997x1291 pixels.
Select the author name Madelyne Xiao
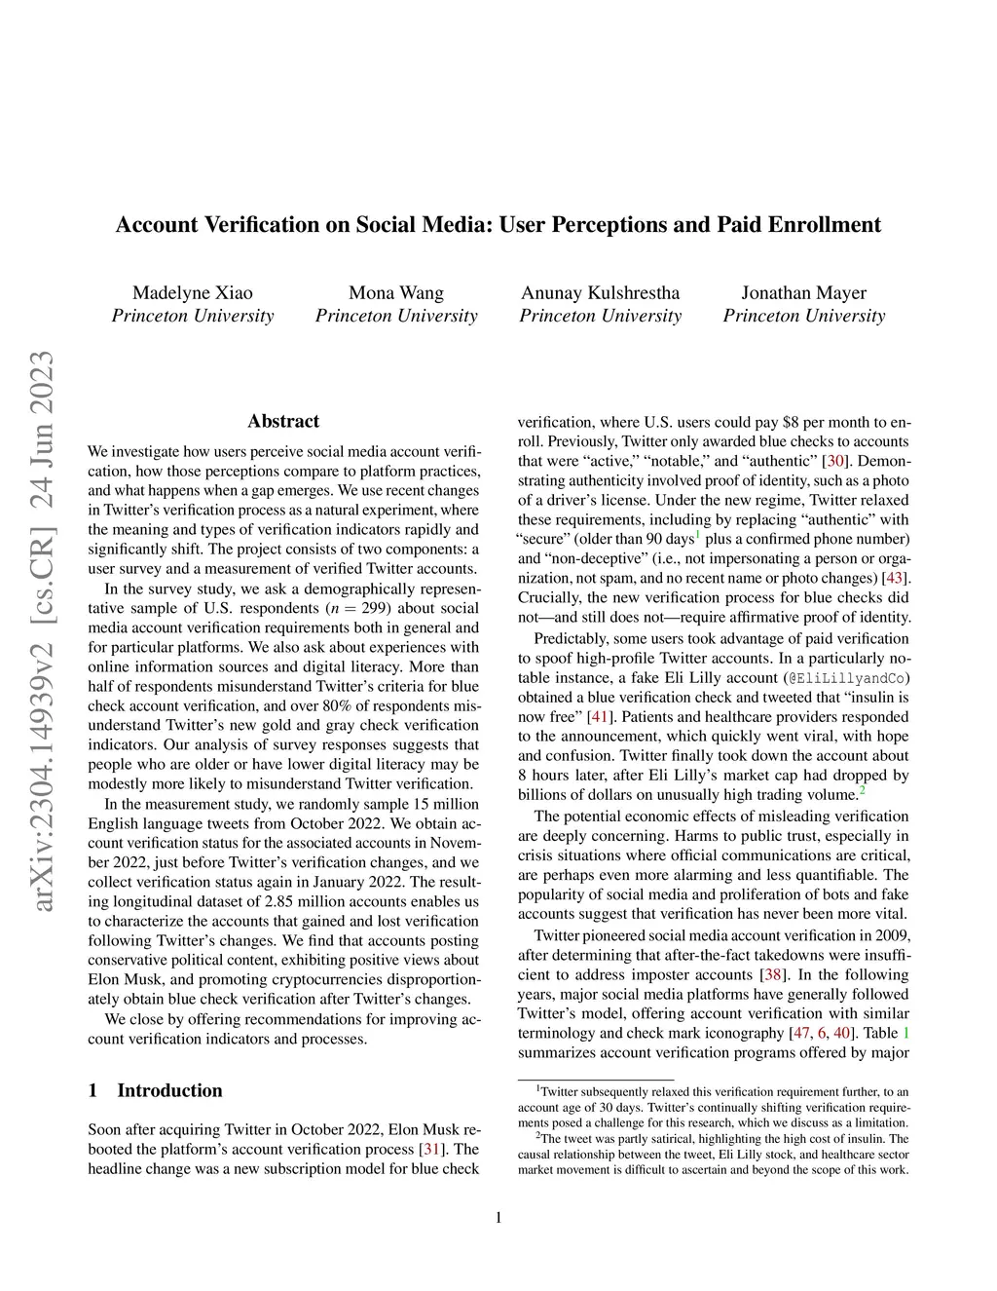pyautogui.click(x=193, y=293)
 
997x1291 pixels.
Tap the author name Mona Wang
pyautogui.click(x=396, y=293)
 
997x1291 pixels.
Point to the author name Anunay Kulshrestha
pyautogui.click(x=600, y=293)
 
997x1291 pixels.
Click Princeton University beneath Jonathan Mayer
pyautogui.click(x=804, y=316)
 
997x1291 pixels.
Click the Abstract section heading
pyautogui.click(x=283, y=421)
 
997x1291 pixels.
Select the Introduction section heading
pyautogui.click(x=169, y=1090)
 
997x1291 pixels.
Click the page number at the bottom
pyautogui.click(x=498, y=1217)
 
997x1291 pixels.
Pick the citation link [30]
pyautogui.click(x=835, y=461)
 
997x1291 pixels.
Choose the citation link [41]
pyautogui.click(x=600, y=716)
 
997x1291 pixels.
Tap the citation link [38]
pyautogui.click(x=771, y=974)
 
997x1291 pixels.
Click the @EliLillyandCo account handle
pyautogui.click(x=847, y=678)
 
